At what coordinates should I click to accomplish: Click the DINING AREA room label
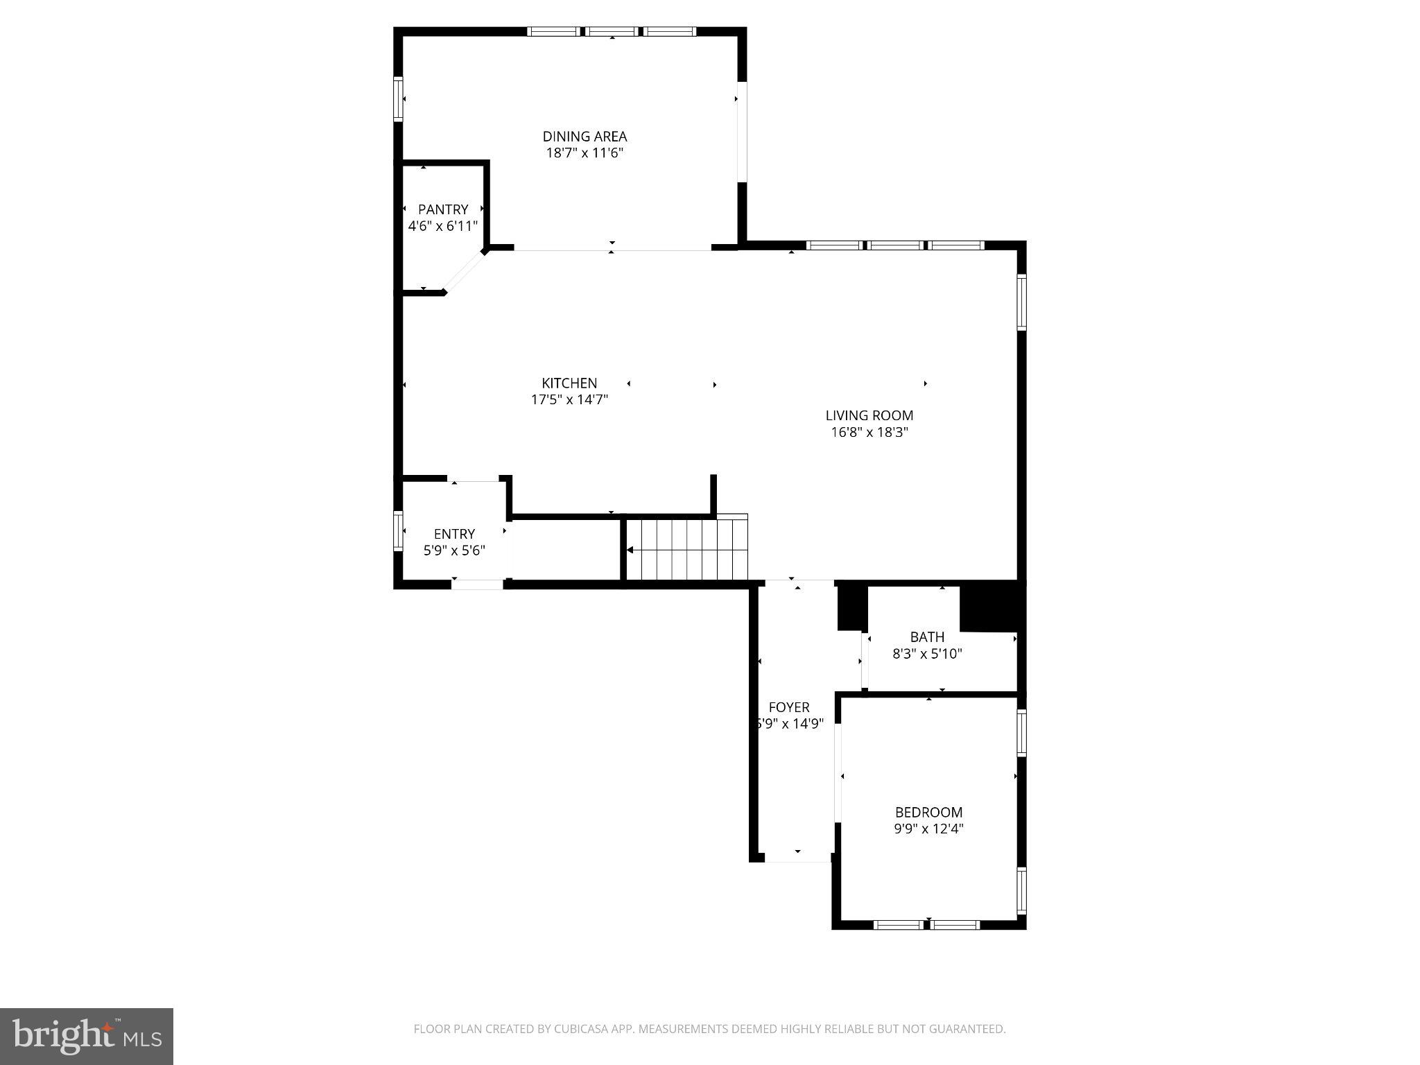pos(585,137)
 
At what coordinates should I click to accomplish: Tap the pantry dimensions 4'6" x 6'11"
pos(442,226)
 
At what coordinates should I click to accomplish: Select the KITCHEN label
pos(569,383)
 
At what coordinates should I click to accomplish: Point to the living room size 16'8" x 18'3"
pos(869,433)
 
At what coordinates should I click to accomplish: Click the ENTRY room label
pos(454,534)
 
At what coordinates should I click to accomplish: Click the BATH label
pos(927,637)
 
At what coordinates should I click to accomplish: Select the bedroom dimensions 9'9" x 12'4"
pos(928,829)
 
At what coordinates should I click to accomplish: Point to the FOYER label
pos(789,707)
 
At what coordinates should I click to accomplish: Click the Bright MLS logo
pos(87,1036)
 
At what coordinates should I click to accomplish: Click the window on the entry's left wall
pos(398,530)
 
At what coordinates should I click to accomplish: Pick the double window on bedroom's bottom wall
pos(926,924)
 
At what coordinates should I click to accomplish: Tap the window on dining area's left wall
pos(398,99)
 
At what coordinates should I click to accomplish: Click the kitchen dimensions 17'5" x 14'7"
pos(569,400)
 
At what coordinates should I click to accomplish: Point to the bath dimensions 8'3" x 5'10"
pos(927,654)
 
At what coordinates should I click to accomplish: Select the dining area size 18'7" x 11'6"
pos(585,153)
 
